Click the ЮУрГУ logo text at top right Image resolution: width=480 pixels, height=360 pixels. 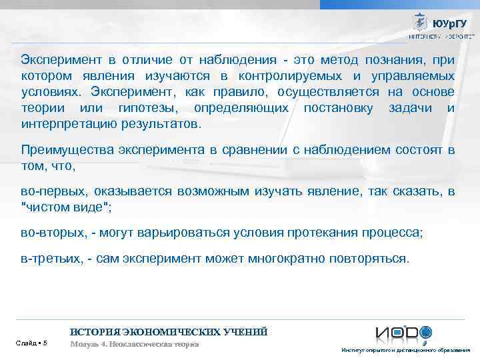click(450, 23)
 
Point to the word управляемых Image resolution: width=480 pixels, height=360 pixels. click(413, 75)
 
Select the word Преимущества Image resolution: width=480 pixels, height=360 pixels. click(64, 151)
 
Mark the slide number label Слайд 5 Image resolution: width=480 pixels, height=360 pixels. click(31, 343)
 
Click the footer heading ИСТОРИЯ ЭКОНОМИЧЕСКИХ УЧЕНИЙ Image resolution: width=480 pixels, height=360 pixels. click(169, 331)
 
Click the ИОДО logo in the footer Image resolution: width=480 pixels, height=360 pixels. click(403, 333)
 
